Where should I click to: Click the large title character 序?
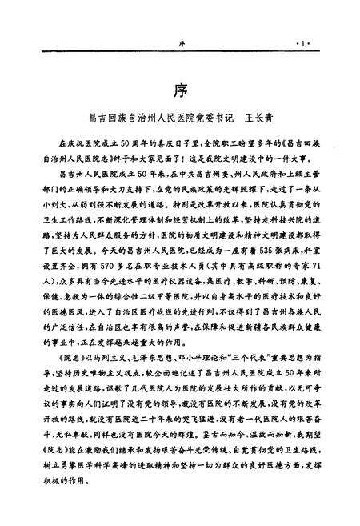click(180, 86)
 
